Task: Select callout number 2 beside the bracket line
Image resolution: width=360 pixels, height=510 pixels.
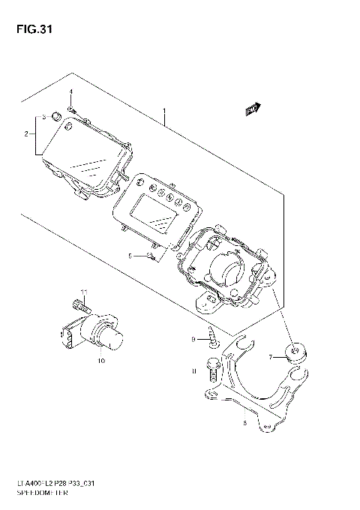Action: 25,134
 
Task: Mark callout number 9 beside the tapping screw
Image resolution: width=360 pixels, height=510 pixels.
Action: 193,340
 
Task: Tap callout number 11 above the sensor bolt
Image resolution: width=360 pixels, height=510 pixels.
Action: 85,292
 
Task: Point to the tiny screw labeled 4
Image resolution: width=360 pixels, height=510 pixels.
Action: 72,109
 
